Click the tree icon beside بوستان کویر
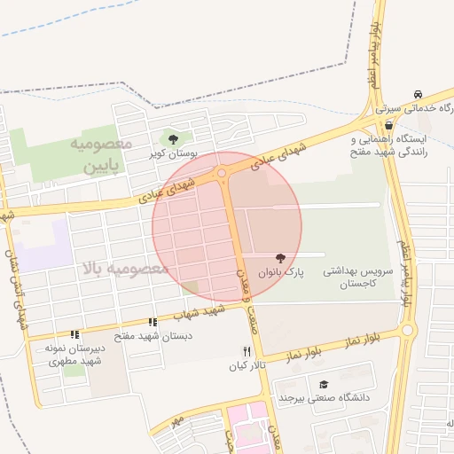173,138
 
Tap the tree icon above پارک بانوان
281,257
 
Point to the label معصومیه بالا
123,268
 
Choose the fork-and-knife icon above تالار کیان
247,352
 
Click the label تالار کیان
247,366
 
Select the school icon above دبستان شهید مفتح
153,323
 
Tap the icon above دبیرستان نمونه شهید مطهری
74,334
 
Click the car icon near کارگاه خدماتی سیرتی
417,95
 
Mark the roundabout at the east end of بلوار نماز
407,331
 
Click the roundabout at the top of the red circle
221,173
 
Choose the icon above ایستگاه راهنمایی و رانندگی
388,125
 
